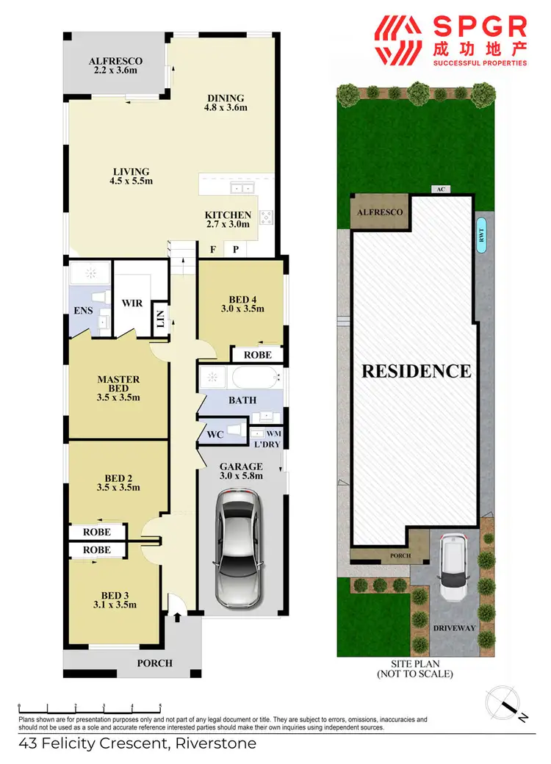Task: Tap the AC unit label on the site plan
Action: point(441,190)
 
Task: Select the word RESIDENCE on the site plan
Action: point(416,371)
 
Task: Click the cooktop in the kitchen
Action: point(265,217)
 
